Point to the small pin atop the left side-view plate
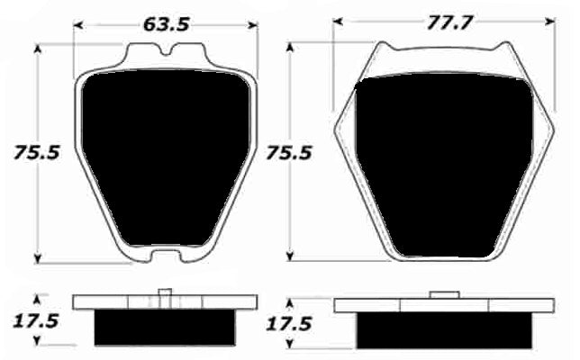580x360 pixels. (165, 292)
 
